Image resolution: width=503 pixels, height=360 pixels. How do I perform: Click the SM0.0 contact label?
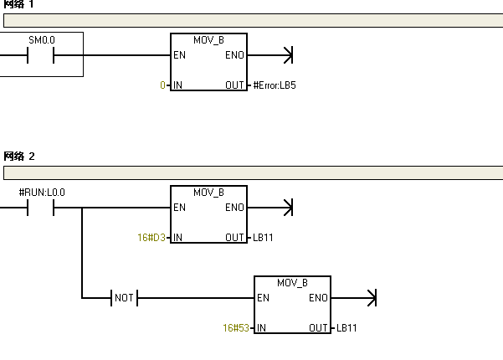(x=41, y=40)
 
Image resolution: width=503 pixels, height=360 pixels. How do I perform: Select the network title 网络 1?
(x=19, y=4)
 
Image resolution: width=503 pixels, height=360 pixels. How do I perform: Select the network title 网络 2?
(x=19, y=157)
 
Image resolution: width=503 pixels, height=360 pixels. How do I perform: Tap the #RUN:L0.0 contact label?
(x=42, y=193)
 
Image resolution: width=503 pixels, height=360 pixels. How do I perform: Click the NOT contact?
(x=124, y=298)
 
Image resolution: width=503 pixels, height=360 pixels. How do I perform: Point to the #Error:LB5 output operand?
(x=275, y=85)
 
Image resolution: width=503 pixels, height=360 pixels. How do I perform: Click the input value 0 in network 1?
(x=163, y=85)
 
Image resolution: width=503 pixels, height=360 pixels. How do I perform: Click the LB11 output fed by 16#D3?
(x=263, y=238)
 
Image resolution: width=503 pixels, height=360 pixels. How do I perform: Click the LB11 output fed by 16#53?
(x=346, y=328)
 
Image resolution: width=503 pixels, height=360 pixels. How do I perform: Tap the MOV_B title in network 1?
(x=208, y=40)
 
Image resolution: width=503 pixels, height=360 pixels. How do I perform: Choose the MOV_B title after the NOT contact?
(x=292, y=283)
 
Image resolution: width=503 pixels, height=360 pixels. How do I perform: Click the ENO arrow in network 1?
(x=288, y=56)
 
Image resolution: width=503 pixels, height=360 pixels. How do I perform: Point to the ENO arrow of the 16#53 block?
(x=372, y=298)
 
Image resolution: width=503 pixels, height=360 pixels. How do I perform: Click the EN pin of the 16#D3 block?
(x=179, y=208)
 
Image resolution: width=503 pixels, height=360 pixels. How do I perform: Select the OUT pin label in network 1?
(x=234, y=85)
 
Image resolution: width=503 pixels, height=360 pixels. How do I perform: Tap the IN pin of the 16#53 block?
(x=262, y=328)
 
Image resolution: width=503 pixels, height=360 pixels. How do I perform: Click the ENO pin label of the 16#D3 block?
(x=234, y=208)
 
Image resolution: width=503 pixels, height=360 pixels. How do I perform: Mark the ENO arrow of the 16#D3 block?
(x=288, y=208)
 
